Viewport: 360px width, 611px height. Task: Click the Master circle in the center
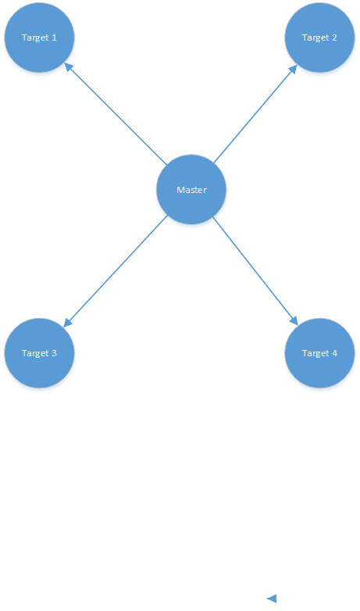point(191,189)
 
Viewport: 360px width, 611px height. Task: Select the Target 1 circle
point(39,38)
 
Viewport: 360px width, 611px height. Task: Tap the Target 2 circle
point(319,38)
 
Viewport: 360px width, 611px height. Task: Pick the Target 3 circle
point(39,353)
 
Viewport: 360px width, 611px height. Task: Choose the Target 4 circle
point(319,353)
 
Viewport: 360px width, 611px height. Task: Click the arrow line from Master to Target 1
point(116,113)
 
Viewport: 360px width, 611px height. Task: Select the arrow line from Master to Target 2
point(255,114)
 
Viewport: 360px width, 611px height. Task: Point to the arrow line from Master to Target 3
point(116,271)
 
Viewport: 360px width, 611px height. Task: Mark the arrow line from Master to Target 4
point(255,271)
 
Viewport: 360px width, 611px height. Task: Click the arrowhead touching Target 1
point(68,66)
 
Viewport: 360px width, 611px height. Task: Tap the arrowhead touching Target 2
point(294,69)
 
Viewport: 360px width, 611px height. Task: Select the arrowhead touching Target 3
point(67,323)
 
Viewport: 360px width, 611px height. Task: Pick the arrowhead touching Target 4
point(294,320)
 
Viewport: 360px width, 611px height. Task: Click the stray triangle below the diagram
point(273,598)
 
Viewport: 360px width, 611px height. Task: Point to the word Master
point(191,190)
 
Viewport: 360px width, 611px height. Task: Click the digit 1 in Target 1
point(54,38)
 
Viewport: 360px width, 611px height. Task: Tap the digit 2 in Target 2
point(334,38)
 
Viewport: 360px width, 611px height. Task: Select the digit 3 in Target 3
point(54,353)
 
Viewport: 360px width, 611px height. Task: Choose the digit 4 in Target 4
point(334,353)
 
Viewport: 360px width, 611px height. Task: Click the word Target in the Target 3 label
point(34,353)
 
